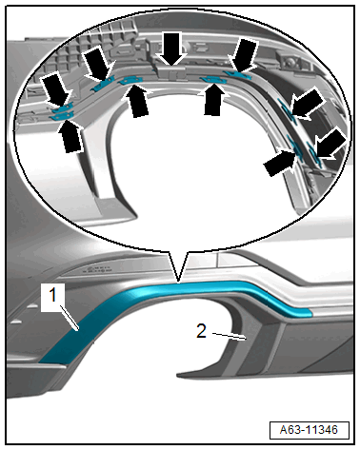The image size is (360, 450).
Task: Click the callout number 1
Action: coord(52,296)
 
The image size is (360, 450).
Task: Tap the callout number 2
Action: coord(201,331)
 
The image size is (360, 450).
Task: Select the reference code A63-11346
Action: coord(309,430)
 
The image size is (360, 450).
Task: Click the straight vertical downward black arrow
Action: coord(171,49)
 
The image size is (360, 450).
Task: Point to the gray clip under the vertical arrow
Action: coord(170,72)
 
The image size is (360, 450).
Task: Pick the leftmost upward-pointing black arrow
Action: coord(71,136)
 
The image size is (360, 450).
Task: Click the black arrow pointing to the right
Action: coord(280,163)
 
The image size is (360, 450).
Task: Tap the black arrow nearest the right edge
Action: coord(331,145)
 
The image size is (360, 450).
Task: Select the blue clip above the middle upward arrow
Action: coord(130,81)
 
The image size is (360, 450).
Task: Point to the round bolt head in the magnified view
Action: coord(289,63)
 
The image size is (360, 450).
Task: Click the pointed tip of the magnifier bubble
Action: coord(178,282)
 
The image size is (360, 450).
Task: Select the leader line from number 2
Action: coord(230,336)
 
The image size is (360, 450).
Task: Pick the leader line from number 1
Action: coord(70,318)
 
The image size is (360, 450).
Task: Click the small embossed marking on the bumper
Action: coord(98,270)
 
